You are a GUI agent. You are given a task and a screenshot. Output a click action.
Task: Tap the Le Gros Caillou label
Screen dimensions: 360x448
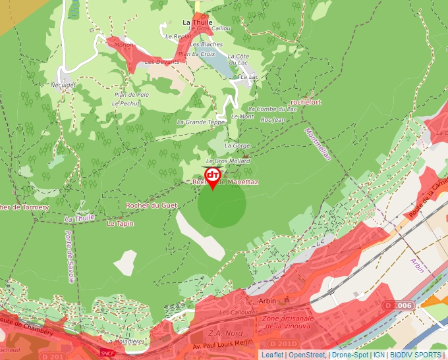click(210, 28)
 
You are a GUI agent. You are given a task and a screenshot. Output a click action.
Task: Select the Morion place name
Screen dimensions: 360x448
click(124, 45)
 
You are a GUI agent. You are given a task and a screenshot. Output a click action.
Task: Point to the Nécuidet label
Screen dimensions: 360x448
click(63, 85)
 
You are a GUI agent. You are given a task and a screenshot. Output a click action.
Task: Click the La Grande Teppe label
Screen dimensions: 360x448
click(200, 122)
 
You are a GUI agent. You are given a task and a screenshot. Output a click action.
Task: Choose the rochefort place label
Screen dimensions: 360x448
click(305, 103)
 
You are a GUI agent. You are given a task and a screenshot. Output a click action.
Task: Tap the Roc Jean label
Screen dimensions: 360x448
click(273, 120)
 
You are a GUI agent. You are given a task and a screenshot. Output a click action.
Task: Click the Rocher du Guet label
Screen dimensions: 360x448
click(152, 205)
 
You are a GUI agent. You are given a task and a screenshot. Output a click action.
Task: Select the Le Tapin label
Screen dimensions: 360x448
click(120, 224)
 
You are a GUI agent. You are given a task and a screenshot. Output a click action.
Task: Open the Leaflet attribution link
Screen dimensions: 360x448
click(272, 355)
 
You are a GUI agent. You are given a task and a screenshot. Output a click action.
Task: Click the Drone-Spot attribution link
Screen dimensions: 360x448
click(350, 355)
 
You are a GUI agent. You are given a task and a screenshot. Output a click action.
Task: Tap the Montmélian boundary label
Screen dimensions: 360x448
click(317, 143)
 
